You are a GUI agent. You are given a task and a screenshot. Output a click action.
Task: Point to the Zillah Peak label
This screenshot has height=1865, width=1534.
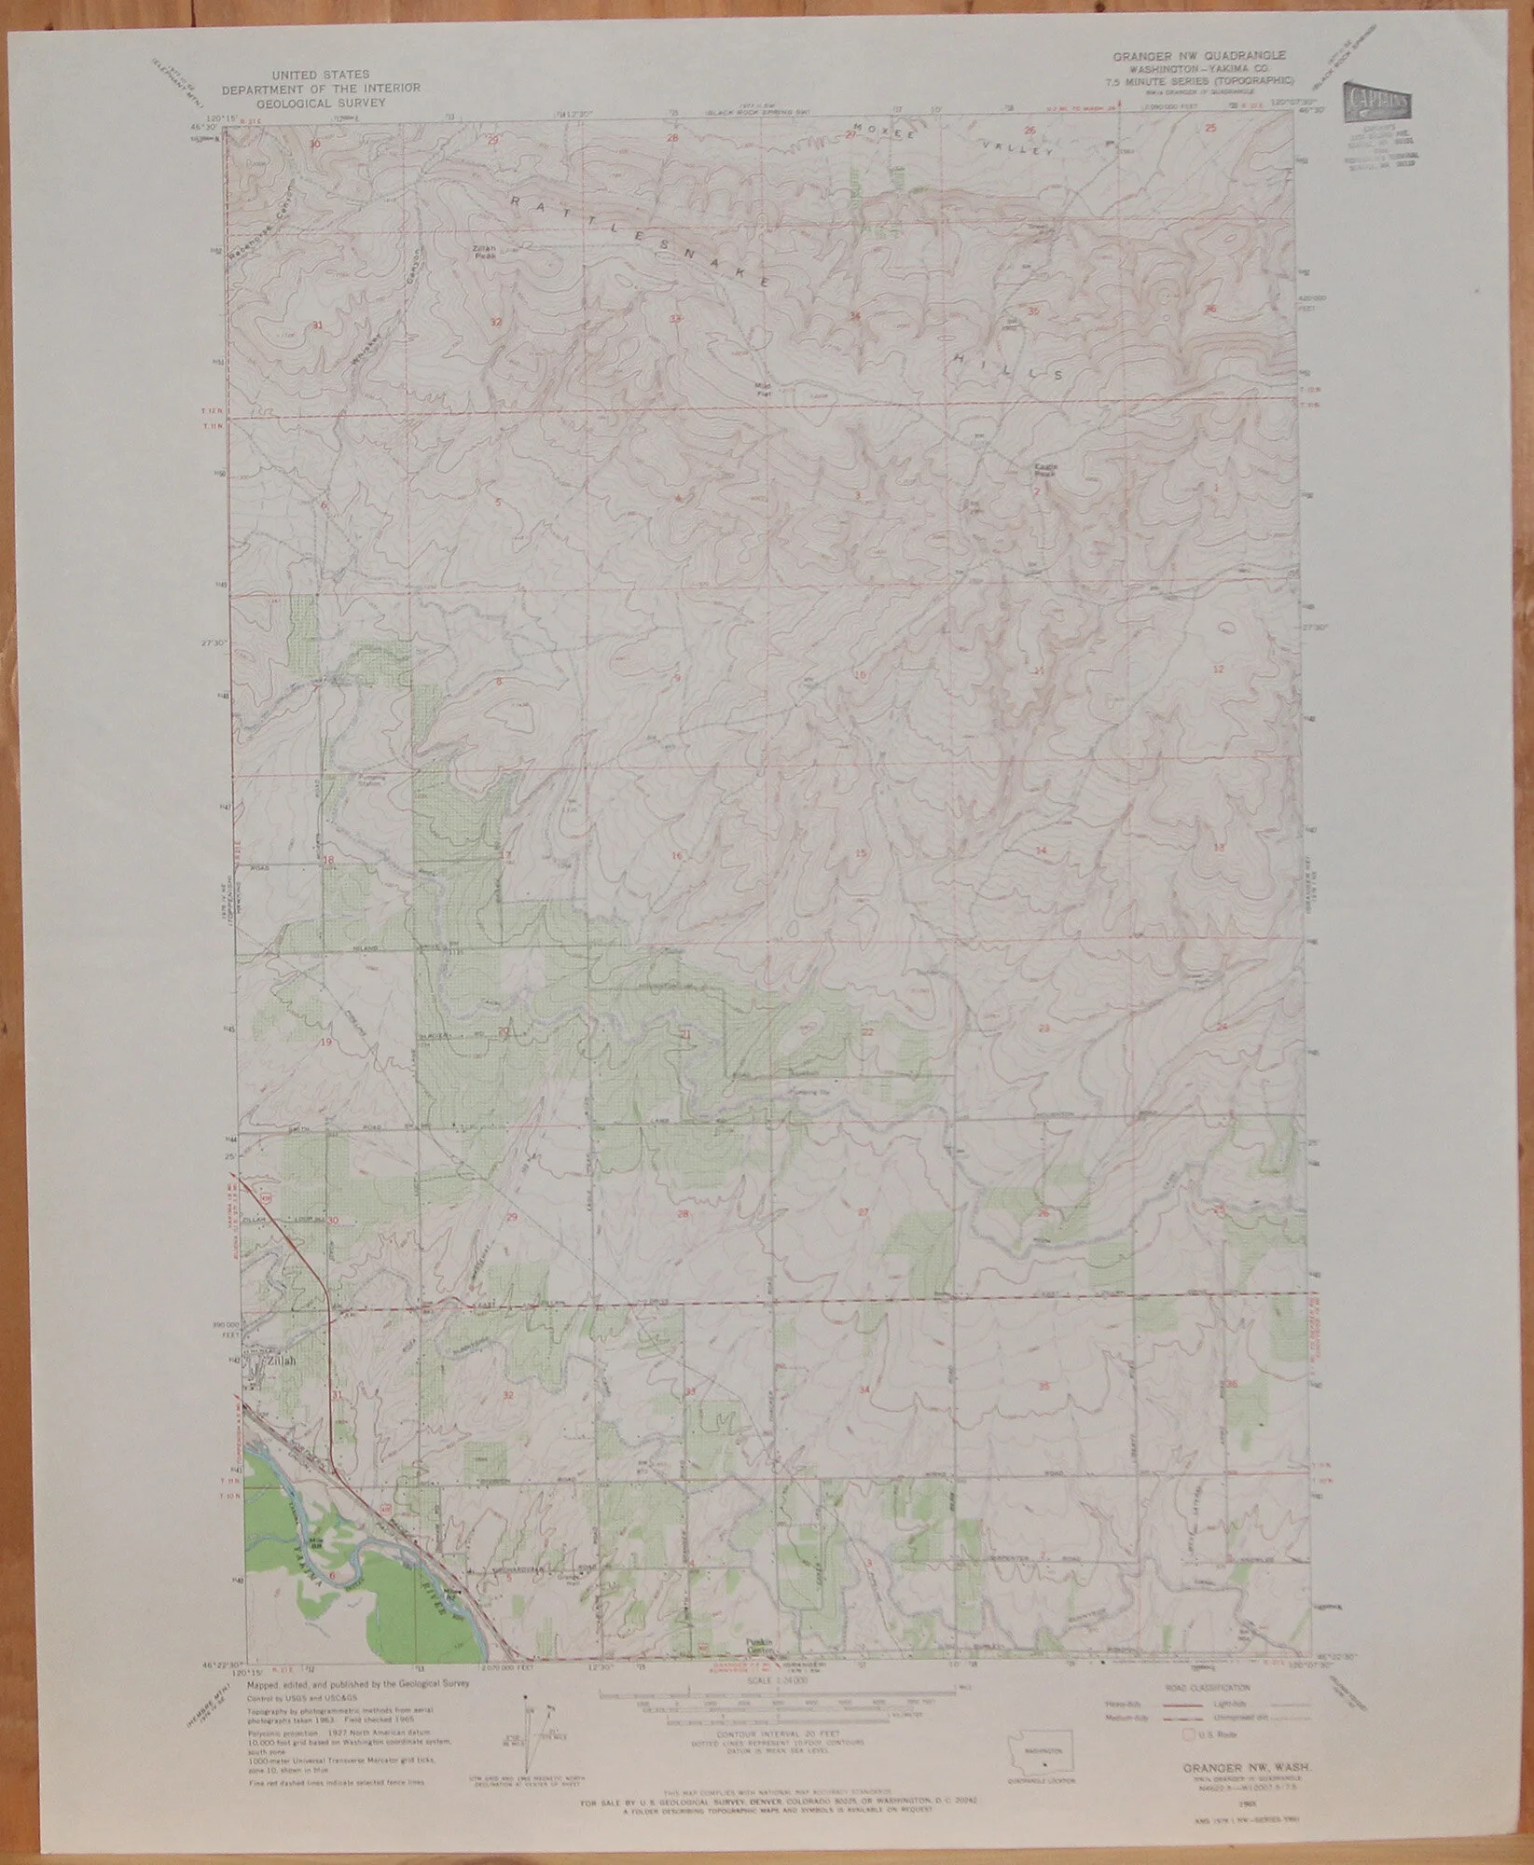pos(482,249)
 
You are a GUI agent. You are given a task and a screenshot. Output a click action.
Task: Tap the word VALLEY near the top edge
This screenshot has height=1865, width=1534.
pos(1019,148)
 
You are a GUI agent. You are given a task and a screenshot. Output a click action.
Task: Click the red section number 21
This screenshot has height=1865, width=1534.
pos(685,1035)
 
